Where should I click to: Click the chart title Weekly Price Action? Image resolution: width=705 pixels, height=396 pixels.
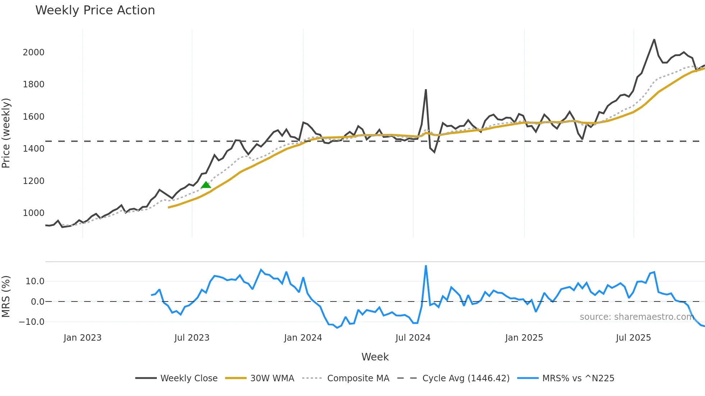[95, 10]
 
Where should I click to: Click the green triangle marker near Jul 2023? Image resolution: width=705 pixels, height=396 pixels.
[206, 185]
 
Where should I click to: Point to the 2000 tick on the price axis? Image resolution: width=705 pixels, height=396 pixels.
[33, 52]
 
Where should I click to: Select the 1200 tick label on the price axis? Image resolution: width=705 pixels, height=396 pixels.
[33, 181]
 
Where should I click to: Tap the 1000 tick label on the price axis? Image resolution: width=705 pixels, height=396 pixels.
[33, 213]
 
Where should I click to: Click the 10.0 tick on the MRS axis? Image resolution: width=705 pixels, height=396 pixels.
[35, 281]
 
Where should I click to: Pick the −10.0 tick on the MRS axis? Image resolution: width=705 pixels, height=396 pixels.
[32, 322]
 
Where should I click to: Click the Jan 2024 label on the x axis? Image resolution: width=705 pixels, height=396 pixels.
[303, 338]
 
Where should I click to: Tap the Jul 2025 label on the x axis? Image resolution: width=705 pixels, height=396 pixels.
[633, 338]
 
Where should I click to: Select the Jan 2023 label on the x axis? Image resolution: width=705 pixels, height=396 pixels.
[82, 338]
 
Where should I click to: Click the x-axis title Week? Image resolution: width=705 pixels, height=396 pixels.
[375, 357]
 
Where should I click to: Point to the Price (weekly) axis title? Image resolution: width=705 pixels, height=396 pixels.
[6, 133]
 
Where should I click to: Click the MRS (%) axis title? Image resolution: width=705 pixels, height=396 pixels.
[6, 296]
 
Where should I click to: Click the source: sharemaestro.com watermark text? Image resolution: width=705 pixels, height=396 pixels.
[637, 317]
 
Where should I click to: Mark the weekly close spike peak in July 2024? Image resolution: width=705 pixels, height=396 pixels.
[426, 90]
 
